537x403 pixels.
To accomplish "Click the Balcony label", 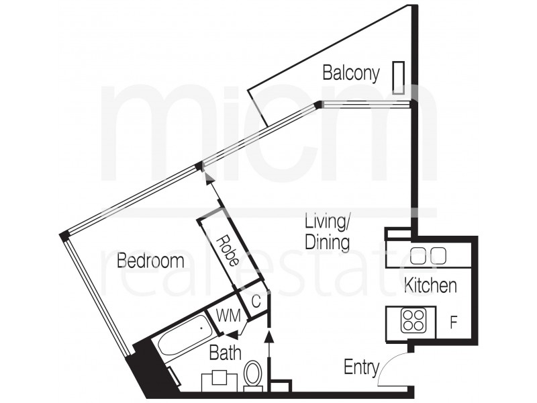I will [x=351, y=73].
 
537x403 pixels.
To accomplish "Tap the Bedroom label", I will [x=150, y=261].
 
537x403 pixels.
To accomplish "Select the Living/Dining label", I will [x=327, y=231].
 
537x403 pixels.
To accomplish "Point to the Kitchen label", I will [x=430, y=285].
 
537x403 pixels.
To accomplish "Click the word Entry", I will [x=361, y=367].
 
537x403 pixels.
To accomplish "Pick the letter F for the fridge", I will [x=454, y=323].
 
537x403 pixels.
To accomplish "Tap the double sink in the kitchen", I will [x=428, y=255].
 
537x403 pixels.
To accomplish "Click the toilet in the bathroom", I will [x=253, y=373].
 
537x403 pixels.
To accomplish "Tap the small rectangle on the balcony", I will [x=399, y=78].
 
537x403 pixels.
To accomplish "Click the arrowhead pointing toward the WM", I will [x=231, y=334].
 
